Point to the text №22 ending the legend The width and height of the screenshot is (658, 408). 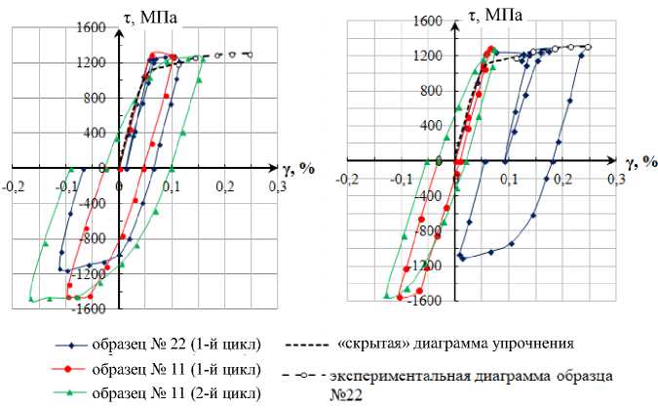(x=342, y=395)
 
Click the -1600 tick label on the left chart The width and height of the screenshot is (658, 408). (x=89, y=309)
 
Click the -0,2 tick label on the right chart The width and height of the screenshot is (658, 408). (x=347, y=180)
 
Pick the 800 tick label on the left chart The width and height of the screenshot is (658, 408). (x=93, y=98)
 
